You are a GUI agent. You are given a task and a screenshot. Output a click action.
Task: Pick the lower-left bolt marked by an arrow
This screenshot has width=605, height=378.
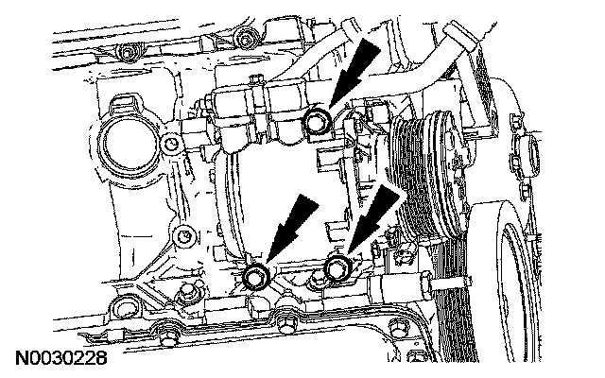point(256,276)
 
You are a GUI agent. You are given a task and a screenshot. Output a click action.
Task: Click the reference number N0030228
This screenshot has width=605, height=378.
point(59,360)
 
